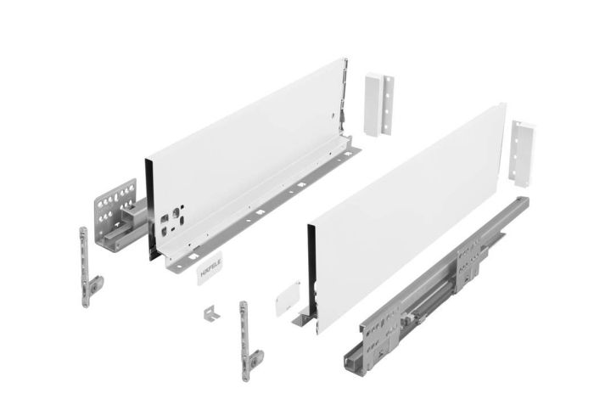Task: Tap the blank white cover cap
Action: coord(284,298)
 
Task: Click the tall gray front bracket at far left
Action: coord(86,263)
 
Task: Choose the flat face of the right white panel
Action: coord(407,212)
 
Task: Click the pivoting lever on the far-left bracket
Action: coord(95,285)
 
